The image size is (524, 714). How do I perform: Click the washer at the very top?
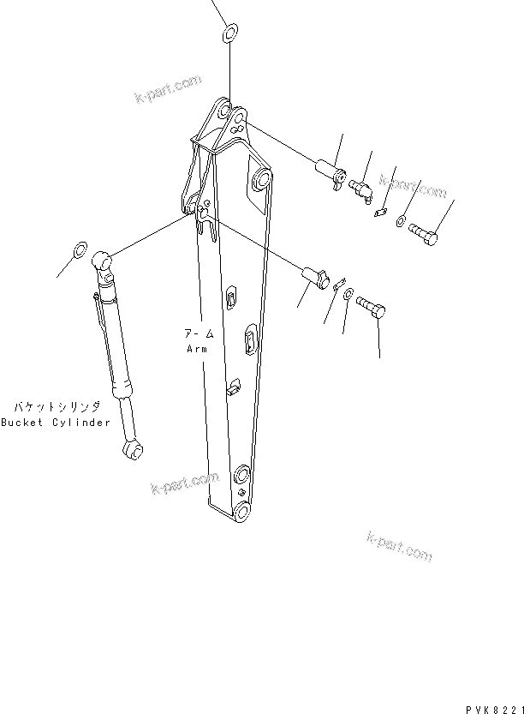click(x=229, y=35)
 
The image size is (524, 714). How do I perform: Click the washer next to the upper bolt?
click(x=401, y=223)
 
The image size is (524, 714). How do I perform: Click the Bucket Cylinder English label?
click(x=56, y=423)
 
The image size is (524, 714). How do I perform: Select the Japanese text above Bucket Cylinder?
click(x=57, y=406)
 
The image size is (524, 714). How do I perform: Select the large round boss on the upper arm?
click(x=261, y=182)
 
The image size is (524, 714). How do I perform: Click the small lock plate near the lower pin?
click(x=338, y=285)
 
